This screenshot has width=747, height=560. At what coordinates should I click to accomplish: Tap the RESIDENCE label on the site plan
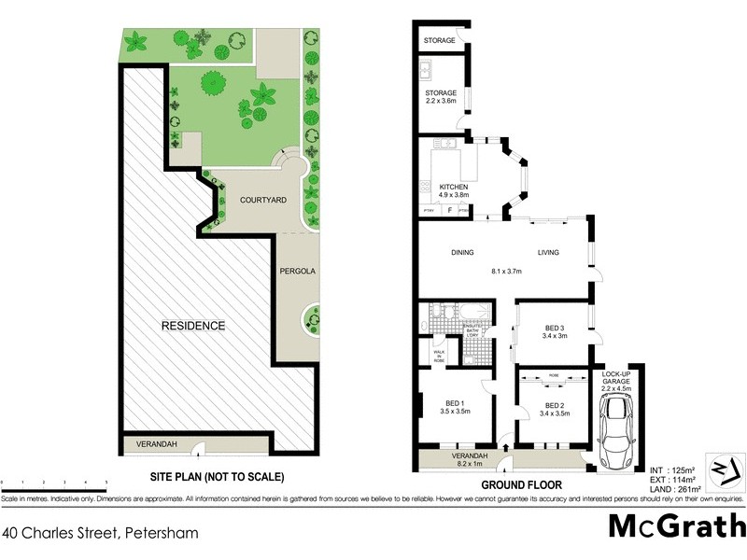click(193, 326)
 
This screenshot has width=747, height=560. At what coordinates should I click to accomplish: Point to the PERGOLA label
click(298, 271)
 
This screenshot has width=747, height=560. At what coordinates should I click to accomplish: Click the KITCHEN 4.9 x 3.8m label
click(453, 191)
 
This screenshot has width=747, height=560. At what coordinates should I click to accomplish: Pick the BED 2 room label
click(555, 409)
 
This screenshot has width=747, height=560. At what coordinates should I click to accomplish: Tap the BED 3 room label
click(555, 331)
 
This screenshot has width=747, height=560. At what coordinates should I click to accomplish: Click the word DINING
click(463, 252)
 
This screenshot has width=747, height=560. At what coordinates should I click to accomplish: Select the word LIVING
click(547, 252)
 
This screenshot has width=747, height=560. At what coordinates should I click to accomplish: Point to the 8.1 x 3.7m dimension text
click(505, 272)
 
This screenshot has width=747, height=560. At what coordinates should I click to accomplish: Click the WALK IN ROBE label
click(439, 355)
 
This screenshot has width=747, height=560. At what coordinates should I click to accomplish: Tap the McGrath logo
click(676, 525)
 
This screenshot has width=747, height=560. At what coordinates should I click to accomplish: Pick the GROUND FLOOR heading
click(522, 485)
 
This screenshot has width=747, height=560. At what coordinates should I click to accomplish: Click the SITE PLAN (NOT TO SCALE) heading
click(218, 477)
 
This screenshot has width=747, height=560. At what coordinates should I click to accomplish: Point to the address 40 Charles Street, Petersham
click(100, 534)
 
